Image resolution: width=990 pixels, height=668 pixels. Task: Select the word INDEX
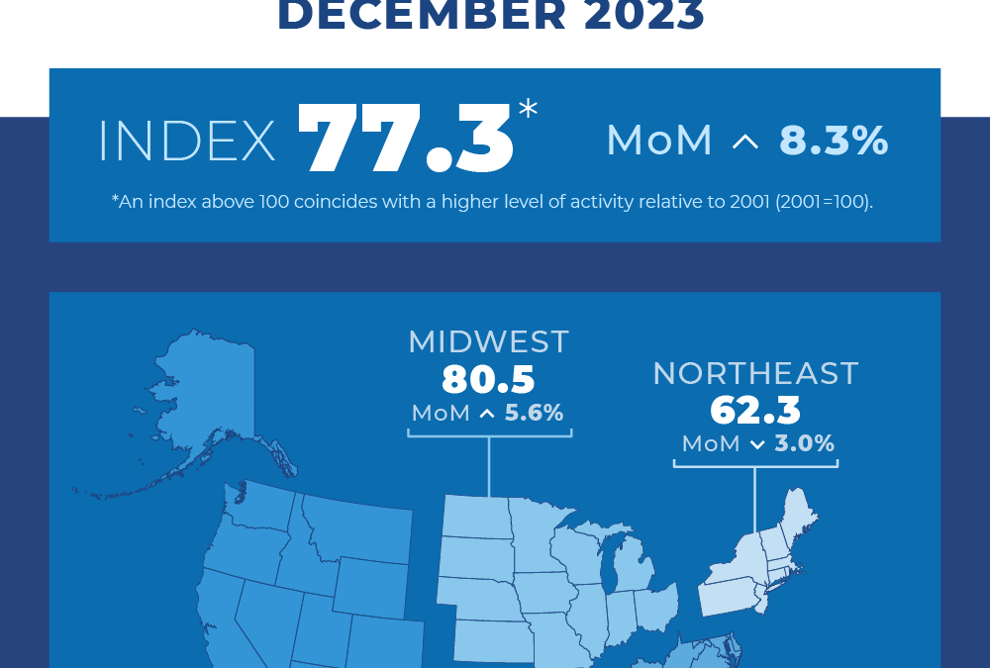tap(187, 143)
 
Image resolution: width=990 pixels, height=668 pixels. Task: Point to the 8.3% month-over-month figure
tap(834, 142)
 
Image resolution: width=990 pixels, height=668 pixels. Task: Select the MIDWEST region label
tap(488, 341)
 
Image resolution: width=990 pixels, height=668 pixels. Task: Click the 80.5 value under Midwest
tap(488, 379)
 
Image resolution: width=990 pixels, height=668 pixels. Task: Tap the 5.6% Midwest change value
tap(534, 413)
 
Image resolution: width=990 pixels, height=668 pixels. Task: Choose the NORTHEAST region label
tap(755, 373)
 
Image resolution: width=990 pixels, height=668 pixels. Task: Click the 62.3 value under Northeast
tap(755, 410)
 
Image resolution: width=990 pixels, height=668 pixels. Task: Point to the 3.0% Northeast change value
tap(805, 443)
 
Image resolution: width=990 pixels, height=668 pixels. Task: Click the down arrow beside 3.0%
tap(757, 445)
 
